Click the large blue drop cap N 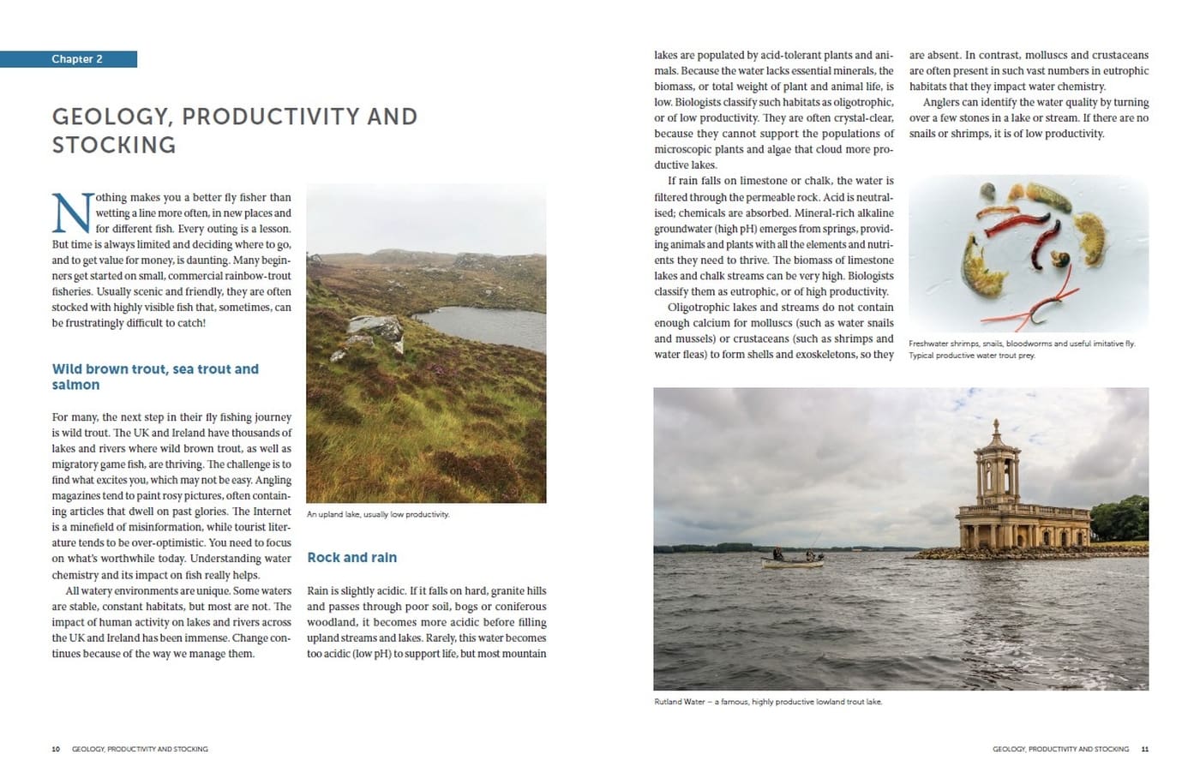[71, 212]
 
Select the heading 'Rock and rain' [351, 558]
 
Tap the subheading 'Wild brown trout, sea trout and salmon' [154, 377]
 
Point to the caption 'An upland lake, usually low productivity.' [377, 514]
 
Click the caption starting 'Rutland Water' [767, 702]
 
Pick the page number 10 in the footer [56, 749]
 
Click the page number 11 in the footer [1144, 749]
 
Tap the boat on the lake [793, 560]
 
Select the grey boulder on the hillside [377, 330]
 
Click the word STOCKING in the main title [114, 145]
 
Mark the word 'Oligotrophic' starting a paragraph [701, 308]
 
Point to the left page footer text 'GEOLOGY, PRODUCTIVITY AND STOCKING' [140, 749]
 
